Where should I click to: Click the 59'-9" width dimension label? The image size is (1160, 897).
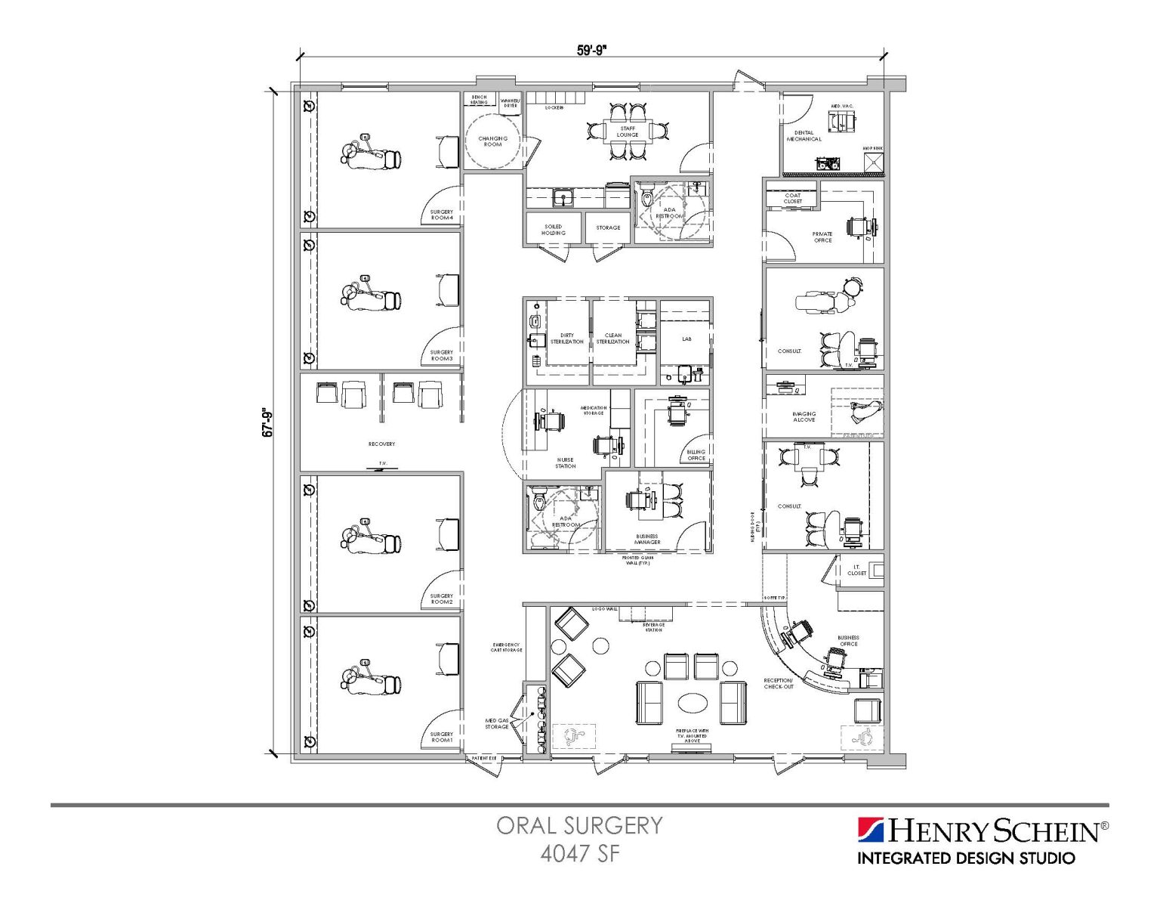592,50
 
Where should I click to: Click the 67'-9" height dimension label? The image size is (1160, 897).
267,422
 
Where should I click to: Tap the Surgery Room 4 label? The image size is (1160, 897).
442,215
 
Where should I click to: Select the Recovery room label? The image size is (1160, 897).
381,444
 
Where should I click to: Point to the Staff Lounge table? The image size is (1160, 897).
628,132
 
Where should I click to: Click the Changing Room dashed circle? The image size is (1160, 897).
492,141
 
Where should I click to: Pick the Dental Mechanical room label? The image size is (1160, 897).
804,136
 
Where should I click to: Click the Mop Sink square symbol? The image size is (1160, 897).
873,163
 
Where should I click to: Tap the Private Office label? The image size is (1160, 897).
822,237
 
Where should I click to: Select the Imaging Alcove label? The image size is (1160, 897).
804,416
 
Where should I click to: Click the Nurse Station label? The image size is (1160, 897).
565,462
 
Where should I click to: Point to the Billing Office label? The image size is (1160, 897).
696,455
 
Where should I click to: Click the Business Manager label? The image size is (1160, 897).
647,540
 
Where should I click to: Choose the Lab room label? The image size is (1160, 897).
686,339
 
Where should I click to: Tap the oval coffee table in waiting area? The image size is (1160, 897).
693,704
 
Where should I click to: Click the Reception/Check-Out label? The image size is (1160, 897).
778,683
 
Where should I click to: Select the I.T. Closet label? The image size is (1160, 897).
856,570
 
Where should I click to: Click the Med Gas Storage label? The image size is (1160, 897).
496,723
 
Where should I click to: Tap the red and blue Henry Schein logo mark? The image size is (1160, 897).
871,830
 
